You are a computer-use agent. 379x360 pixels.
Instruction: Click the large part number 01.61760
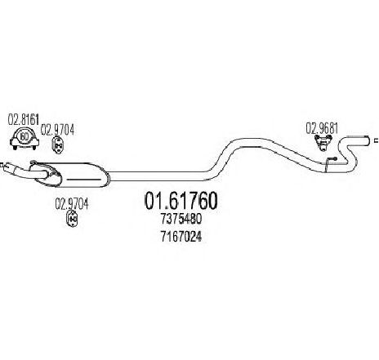181,201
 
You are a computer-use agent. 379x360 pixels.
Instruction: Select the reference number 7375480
181,219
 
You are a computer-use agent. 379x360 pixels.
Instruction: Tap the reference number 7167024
181,237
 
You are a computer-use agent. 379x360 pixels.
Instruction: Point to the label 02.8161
24,120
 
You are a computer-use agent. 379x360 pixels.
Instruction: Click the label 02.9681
322,128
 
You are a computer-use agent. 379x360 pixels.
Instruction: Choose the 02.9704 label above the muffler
57,130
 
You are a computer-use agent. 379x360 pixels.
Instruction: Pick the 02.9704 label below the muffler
72,204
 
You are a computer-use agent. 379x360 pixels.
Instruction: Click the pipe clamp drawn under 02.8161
25,138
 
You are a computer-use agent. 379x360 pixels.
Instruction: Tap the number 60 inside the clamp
25,136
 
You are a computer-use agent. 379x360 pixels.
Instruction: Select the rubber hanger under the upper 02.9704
57,145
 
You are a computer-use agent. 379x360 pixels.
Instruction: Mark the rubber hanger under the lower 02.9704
72,219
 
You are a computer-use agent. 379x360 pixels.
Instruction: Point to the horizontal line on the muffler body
84,180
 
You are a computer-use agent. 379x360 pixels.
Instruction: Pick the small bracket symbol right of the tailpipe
377,140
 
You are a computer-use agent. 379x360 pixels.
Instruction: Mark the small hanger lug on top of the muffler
33,162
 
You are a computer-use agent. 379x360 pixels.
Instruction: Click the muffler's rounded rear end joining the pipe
106,177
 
